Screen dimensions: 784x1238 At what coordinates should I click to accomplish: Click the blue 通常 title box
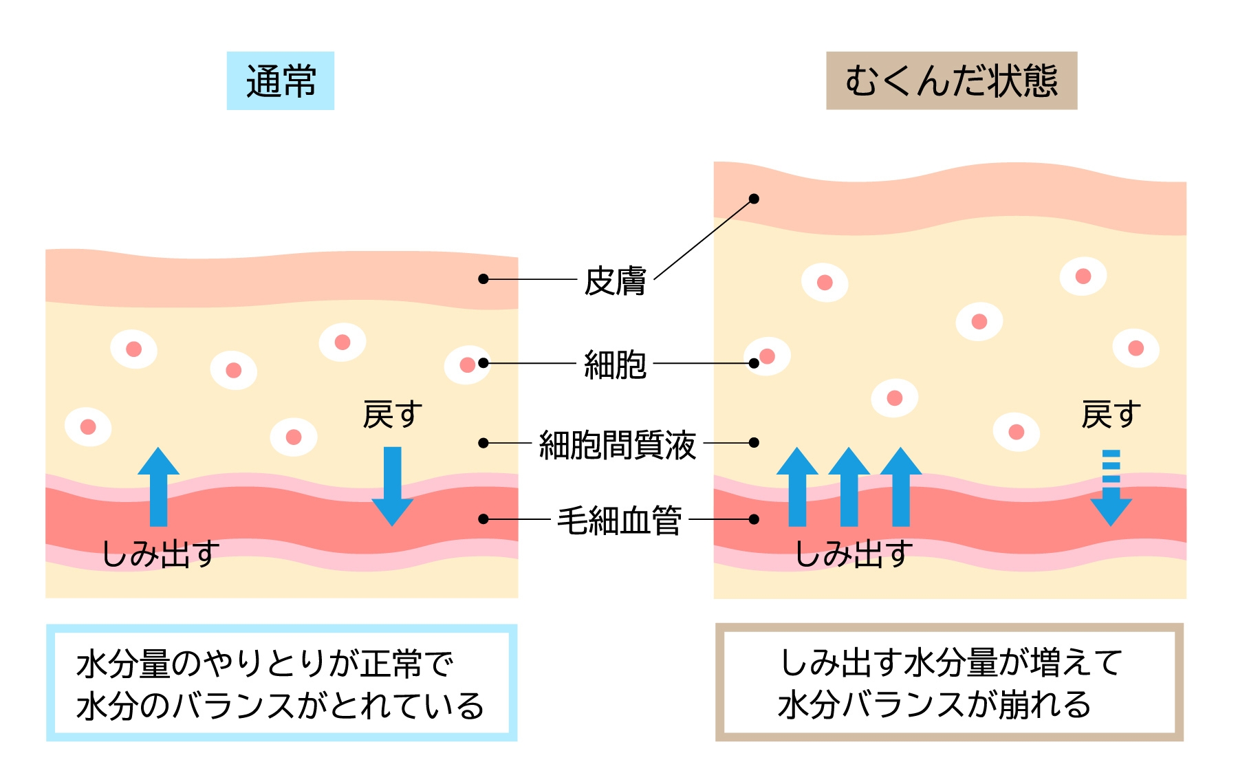(x=281, y=80)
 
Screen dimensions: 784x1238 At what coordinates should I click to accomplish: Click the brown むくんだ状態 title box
(x=951, y=80)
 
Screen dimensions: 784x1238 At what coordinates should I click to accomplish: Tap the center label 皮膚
(x=615, y=281)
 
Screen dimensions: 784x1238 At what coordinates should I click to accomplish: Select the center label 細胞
(x=615, y=364)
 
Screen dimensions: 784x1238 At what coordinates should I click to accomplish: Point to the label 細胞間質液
(x=617, y=444)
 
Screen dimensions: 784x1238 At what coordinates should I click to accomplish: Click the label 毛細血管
(x=619, y=520)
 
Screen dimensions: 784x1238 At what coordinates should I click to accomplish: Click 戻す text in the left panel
(x=392, y=415)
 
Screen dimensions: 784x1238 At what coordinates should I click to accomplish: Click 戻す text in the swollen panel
(x=1111, y=415)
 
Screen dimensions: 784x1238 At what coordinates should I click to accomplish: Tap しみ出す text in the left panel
(x=161, y=554)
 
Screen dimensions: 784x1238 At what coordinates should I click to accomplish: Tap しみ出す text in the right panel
(x=854, y=554)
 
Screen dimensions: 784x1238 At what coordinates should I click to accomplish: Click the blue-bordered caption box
(x=281, y=683)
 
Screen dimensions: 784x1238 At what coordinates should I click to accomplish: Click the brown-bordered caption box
(x=949, y=682)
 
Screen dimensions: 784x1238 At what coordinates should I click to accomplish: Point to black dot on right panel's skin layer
(x=754, y=199)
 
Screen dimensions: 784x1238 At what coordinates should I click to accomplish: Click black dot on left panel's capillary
(x=484, y=519)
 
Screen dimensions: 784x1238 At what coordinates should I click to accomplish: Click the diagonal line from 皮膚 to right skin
(x=703, y=239)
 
